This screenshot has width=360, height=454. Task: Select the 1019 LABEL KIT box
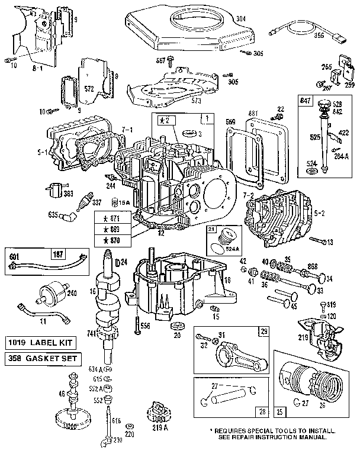[38, 343]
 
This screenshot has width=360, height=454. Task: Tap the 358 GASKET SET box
[38, 359]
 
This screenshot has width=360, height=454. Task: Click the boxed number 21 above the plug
[210, 228]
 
